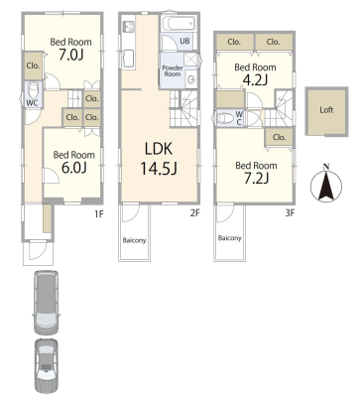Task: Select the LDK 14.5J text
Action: click(159, 159)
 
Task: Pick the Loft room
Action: click(326, 111)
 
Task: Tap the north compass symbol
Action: click(326, 185)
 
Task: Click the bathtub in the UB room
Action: click(179, 24)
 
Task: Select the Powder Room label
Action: click(173, 70)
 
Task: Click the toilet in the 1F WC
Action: click(34, 89)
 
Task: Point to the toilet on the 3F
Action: click(225, 118)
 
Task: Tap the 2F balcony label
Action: click(134, 240)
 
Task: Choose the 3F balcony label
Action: click(230, 238)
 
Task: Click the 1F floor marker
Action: click(99, 213)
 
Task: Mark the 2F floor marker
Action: click(194, 213)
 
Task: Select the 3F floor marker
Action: click(290, 213)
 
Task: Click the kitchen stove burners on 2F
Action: click(129, 27)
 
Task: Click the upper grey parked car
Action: click(47, 302)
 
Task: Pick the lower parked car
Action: click(46, 366)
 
